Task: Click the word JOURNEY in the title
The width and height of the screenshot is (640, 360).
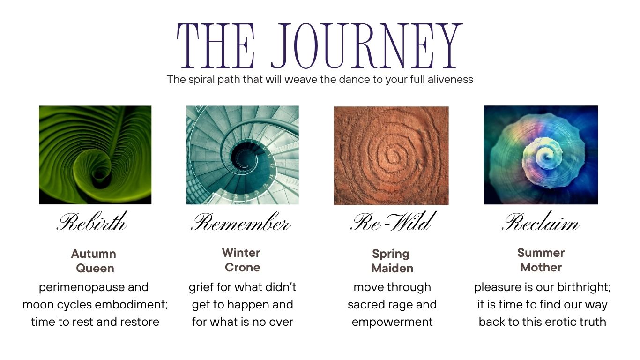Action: (x=367, y=46)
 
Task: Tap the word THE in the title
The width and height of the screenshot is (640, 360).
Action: (x=216, y=46)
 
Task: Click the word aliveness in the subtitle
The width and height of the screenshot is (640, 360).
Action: (x=450, y=79)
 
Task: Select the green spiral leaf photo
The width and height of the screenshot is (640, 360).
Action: (x=95, y=155)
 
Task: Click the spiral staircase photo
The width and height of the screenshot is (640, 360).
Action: (x=243, y=155)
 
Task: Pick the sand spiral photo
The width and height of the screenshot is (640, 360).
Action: (x=391, y=156)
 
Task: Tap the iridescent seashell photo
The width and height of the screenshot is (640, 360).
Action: (x=541, y=155)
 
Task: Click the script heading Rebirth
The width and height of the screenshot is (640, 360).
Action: (x=92, y=221)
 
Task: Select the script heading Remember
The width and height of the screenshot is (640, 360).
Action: (x=241, y=222)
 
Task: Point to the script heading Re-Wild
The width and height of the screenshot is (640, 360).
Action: (x=394, y=221)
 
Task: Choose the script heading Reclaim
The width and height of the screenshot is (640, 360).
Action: (x=541, y=222)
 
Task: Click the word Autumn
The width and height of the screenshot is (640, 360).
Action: (x=94, y=254)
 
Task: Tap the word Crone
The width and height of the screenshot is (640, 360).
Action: (x=243, y=267)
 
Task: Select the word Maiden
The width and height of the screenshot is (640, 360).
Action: (x=392, y=268)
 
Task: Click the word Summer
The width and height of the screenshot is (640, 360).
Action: (x=541, y=253)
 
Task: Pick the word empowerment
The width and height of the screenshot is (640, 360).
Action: (x=392, y=322)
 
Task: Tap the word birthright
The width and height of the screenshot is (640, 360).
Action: (x=584, y=287)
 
